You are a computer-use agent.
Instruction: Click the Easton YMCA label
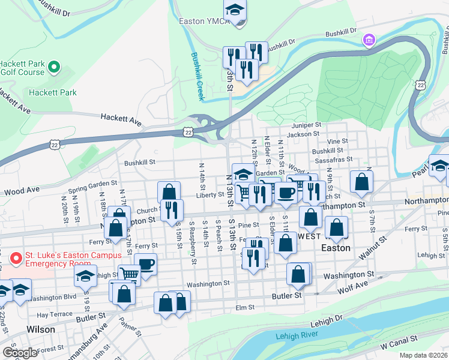coord(204,21)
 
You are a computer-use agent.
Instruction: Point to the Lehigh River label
coord(296,336)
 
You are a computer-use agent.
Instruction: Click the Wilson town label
coord(41,329)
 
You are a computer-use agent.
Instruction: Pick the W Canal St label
coord(397,345)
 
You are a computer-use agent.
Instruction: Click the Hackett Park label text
coord(53,92)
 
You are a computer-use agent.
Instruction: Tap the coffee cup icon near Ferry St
coord(146,263)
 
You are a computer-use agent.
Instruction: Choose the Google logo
coord(19,352)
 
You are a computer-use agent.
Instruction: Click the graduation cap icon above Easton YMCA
coord(235,10)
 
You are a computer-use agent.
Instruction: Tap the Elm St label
coord(245,307)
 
